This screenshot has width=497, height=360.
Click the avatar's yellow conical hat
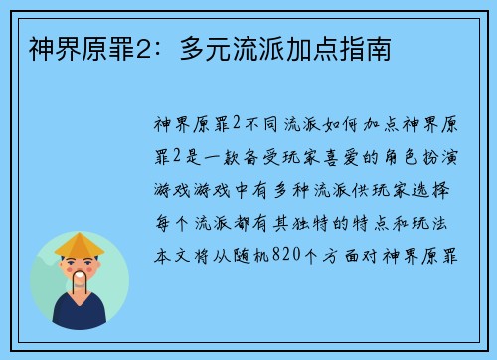click(80, 245)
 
